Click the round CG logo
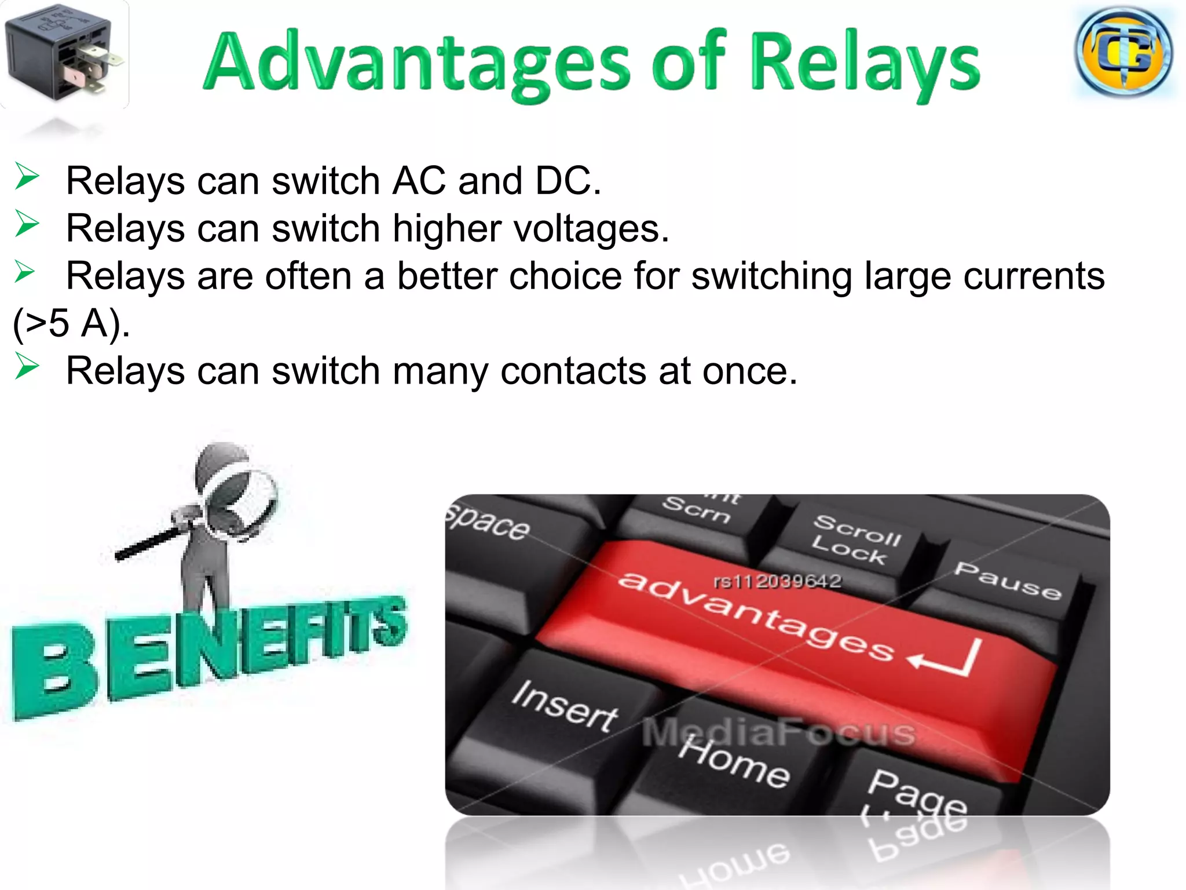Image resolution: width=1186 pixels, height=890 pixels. point(1123,52)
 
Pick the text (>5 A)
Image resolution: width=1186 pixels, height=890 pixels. point(71,323)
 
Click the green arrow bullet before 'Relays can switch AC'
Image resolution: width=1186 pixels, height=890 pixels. point(27,176)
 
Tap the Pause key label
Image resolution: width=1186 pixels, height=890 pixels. point(1008,581)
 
